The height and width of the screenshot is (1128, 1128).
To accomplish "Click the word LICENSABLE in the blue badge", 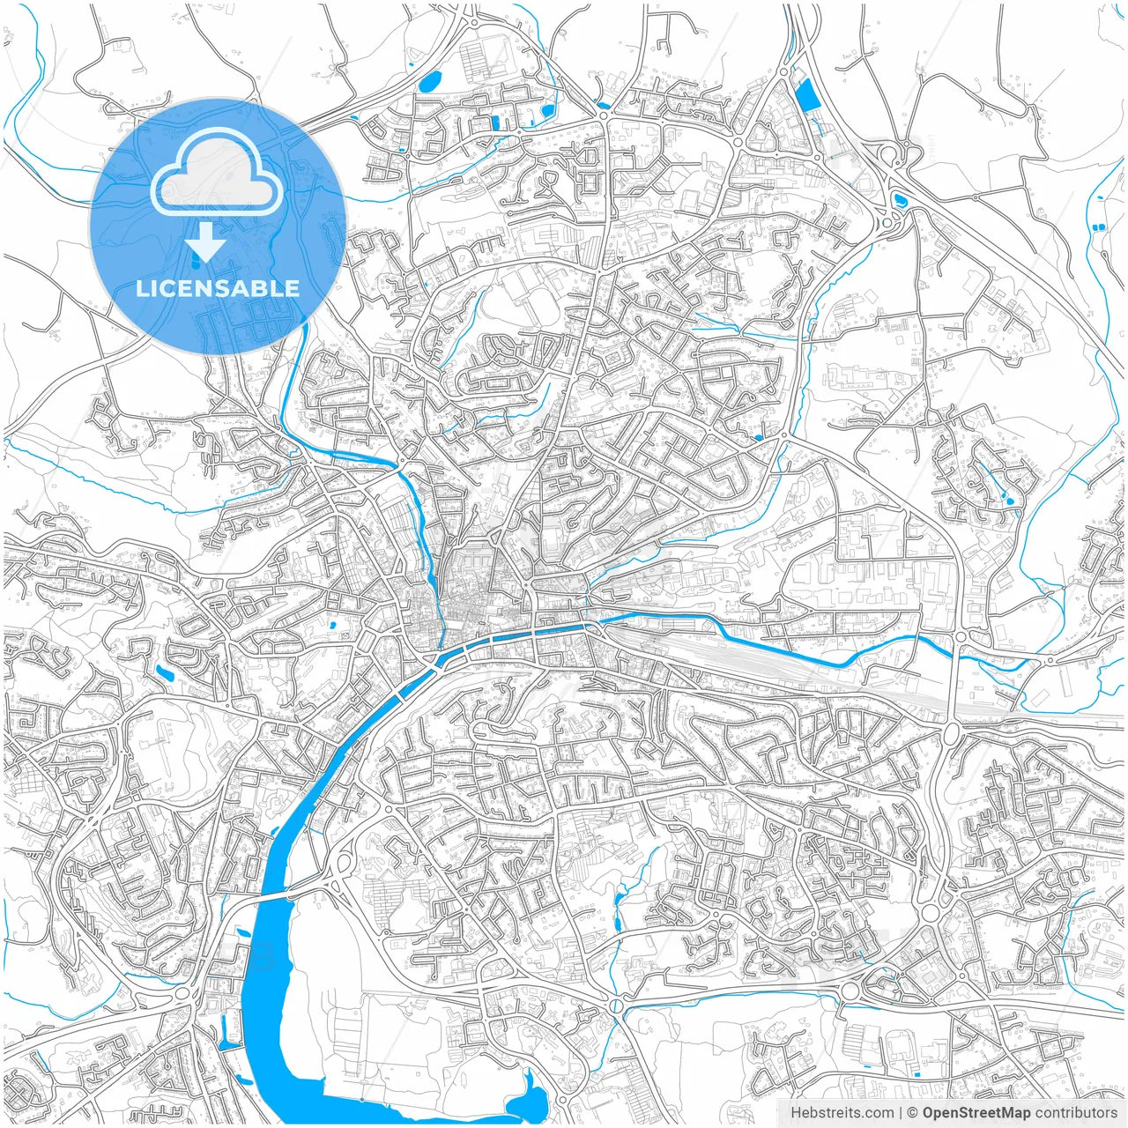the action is [218, 288].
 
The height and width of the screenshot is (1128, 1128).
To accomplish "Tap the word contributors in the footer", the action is [1076, 1113].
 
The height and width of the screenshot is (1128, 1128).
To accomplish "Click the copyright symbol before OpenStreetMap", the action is [914, 1113].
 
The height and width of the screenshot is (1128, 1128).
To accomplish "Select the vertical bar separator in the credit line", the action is [901, 1113].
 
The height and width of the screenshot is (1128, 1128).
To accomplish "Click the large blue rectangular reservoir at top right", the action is [806, 95].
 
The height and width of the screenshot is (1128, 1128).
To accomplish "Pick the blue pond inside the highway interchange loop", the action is [899, 199].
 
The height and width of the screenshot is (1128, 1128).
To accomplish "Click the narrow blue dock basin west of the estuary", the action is [224, 1031].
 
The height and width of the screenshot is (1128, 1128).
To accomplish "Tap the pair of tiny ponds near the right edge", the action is [1098, 227].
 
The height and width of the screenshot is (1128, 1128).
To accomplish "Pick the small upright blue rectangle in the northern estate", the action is [494, 122].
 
